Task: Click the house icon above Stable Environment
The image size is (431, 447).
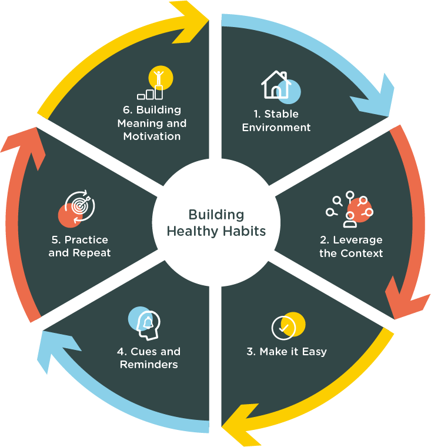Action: point(277,85)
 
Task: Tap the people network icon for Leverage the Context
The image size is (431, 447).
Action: point(349,209)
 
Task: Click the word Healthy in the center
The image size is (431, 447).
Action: point(192,231)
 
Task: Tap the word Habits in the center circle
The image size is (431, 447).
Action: point(243,231)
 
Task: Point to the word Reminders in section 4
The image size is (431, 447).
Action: point(149,365)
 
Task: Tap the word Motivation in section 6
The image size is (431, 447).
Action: point(152,136)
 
